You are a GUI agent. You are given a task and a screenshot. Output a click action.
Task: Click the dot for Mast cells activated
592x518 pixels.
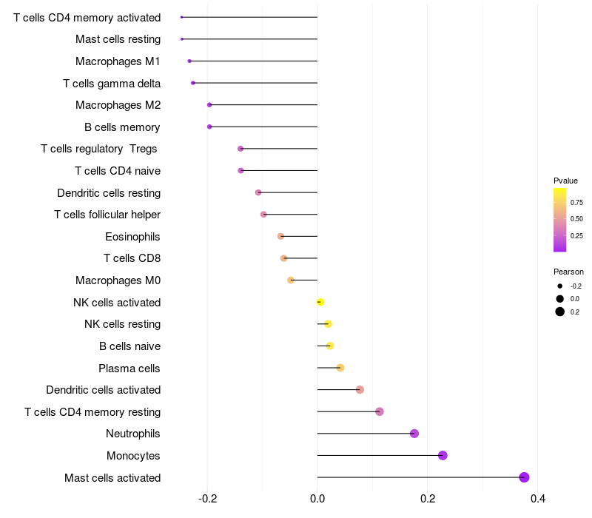coord(524,477)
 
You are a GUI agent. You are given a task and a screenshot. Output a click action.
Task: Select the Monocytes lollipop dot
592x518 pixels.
coord(443,455)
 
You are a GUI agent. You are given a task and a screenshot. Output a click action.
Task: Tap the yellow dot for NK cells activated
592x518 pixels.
coord(320,302)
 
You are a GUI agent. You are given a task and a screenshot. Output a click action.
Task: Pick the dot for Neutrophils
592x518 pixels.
coord(414,434)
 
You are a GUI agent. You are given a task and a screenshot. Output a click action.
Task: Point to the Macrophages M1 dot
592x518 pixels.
coord(189,61)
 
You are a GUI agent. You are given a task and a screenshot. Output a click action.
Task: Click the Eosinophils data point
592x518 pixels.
coord(280,236)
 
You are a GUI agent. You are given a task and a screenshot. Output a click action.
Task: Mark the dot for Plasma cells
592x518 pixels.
coord(340,368)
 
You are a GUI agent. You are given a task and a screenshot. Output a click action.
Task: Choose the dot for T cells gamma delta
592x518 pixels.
coord(193,83)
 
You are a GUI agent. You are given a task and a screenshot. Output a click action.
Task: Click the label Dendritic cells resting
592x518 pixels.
coord(109,193)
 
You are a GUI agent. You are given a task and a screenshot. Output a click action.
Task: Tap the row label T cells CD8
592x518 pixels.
coord(132,258)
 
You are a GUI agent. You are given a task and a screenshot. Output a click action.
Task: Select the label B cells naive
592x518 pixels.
coord(130,346)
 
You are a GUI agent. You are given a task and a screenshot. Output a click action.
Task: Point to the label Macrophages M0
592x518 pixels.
coord(118,280)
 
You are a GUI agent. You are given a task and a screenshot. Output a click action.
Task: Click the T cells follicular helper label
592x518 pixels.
coord(107,215)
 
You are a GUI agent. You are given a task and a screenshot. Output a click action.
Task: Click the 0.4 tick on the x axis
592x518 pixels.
coord(538,499)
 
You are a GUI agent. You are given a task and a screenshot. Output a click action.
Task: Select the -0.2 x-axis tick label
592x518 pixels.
coord(208,499)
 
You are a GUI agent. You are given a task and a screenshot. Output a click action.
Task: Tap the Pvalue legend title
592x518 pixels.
coord(565,181)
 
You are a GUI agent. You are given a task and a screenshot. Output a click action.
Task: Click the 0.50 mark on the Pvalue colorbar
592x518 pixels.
coord(576,219)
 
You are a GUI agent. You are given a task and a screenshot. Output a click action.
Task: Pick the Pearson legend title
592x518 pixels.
coord(568,272)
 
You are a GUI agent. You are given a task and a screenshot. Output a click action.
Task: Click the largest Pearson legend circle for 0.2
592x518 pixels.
coord(560,312)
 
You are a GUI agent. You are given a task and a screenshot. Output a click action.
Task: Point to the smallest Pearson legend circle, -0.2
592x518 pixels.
coord(560,286)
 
